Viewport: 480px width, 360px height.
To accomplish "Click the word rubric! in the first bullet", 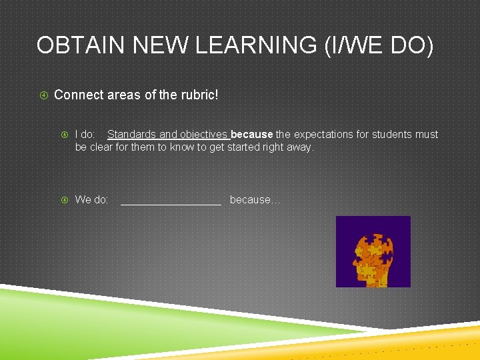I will pyautogui.click(x=197, y=95).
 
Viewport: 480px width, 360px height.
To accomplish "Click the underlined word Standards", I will pyautogui.click(x=131, y=135).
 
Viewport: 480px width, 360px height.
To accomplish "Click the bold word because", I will pyautogui.click(x=251, y=135).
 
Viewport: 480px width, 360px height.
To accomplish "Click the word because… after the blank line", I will pyautogui.click(x=255, y=200).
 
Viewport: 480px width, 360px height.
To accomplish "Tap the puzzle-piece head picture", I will pyautogui.click(x=373, y=251).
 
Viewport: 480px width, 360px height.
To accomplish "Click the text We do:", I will pyautogui.click(x=91, y=200).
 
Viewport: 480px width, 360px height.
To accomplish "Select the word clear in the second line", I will pyautogui.click(x=101, y=147).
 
